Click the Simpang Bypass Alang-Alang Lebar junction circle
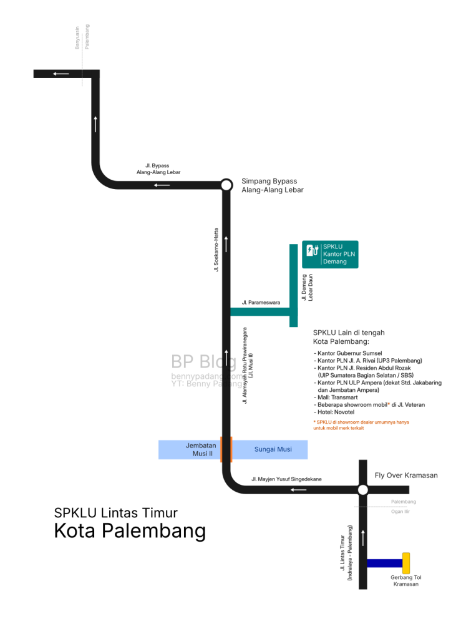(226, 185)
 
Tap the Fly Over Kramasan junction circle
(363, 489)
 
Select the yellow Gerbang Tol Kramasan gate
(406, 563)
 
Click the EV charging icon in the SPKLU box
(312, 250)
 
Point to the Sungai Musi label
(273, 449)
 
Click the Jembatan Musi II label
(201, 449)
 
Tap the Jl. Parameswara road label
(261, 303)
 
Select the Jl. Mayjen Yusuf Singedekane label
(286, 479)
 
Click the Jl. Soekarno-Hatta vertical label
(216, 250)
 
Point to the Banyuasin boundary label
(77, 38)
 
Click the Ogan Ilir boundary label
(400, 512)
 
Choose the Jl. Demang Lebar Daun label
(307, 287)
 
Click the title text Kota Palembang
(130, 531)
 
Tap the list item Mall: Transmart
(336, 398)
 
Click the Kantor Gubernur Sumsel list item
(348, 353)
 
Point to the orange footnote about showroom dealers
(361, 425)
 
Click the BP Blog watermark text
(203, 362)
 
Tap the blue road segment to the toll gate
(384, 563)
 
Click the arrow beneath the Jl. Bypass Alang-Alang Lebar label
(162, 185)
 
